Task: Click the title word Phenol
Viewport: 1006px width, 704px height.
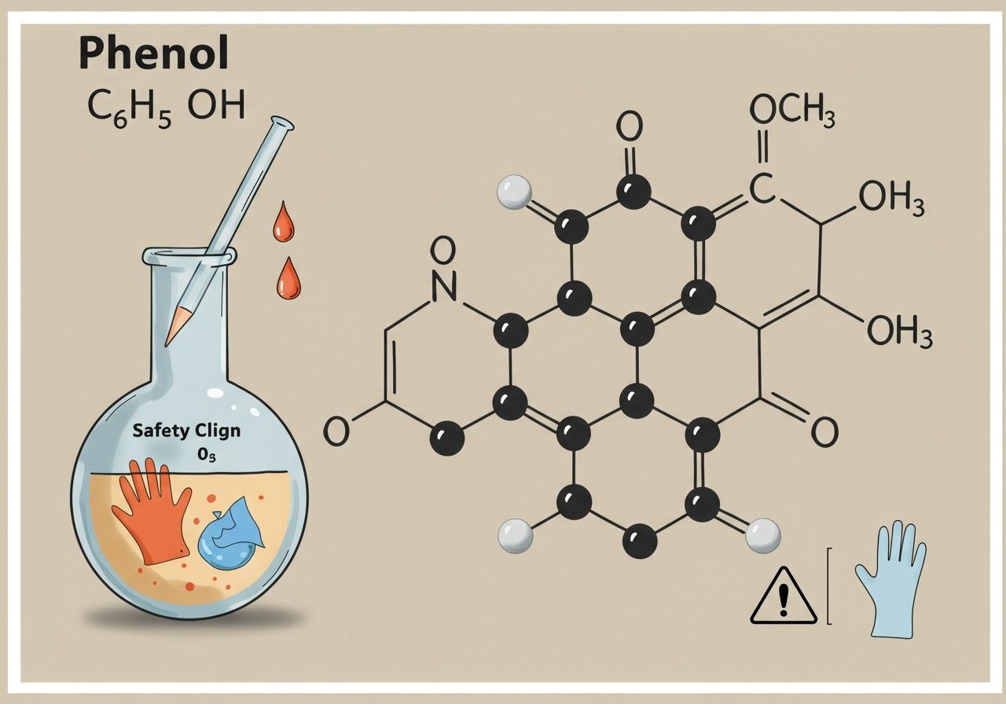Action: click(153, 54)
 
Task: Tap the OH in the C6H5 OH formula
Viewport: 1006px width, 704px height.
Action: click(216, 105)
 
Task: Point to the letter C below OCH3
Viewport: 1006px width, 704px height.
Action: click(762, 189)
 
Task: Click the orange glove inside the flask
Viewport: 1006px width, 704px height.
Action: click(152, 511)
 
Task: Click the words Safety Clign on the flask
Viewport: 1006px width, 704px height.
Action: click(186, 431)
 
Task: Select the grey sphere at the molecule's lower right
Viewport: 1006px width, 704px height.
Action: click(763, 535)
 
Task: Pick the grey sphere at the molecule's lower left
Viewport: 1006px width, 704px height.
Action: click(516, 536)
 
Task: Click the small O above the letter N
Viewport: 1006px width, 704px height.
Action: click(442, 251)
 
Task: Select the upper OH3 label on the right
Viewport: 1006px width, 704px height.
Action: click(891, 200)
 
